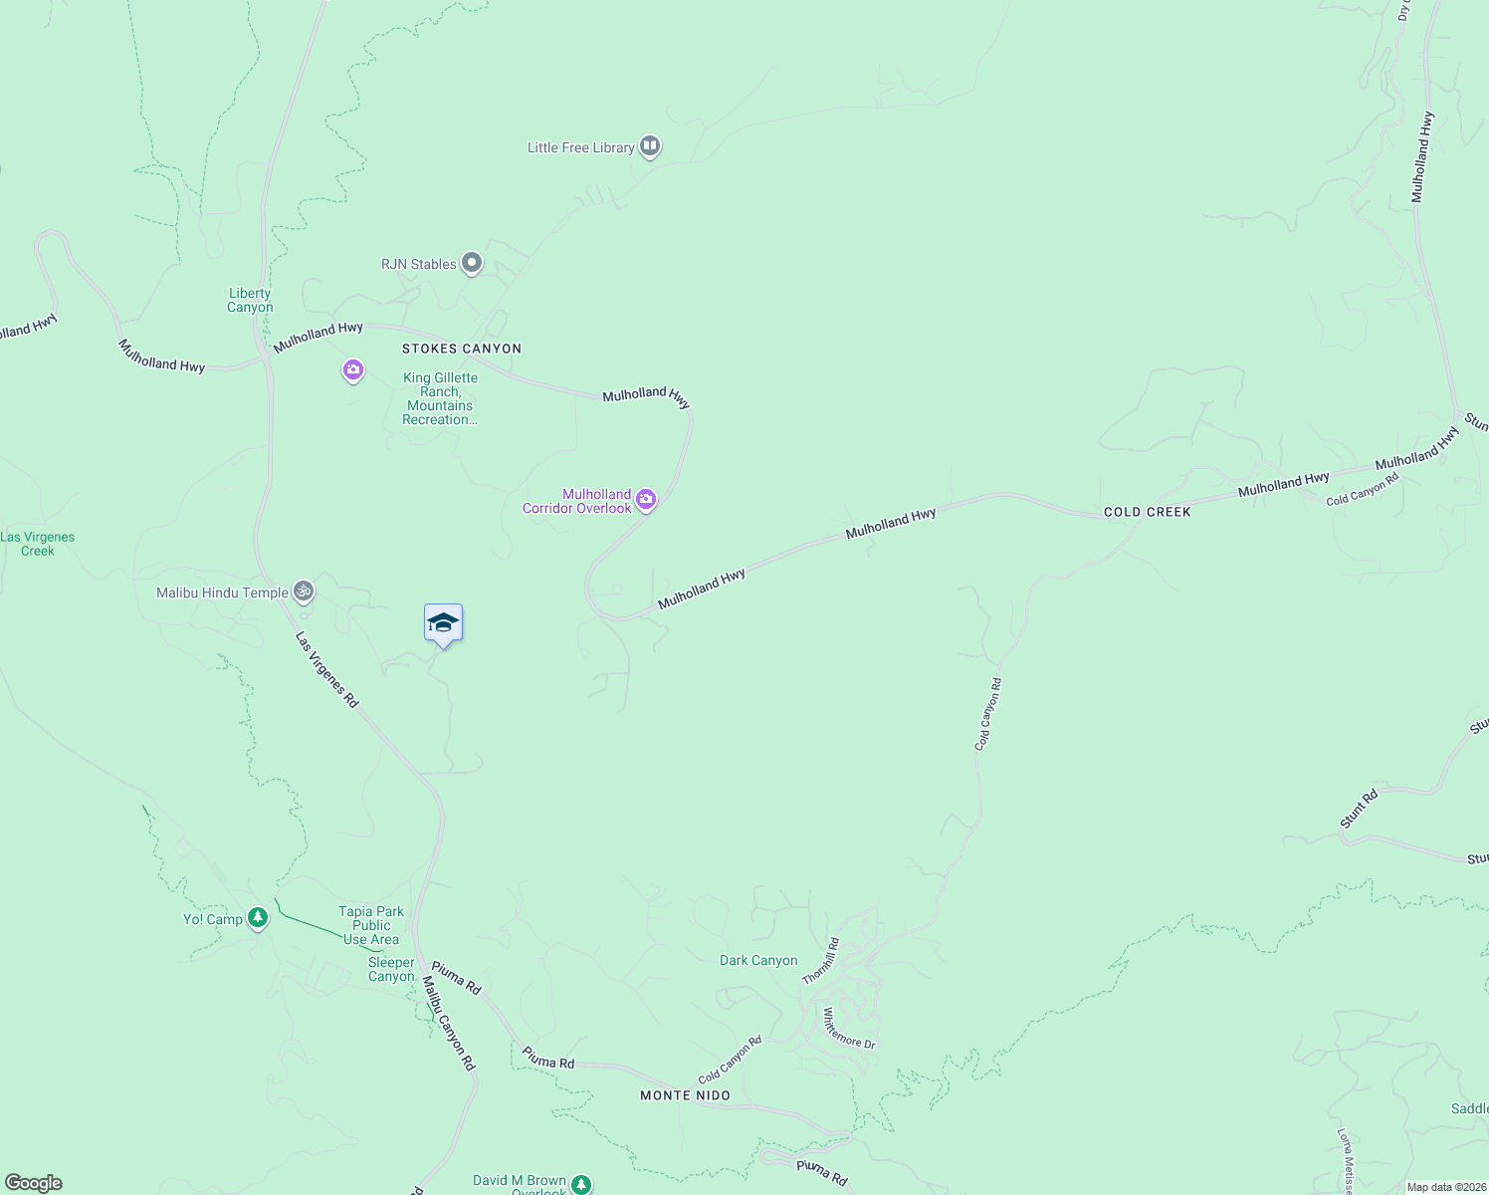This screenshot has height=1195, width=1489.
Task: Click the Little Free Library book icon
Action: click(650, 147)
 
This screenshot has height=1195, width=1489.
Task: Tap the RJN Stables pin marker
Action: click(472, 264)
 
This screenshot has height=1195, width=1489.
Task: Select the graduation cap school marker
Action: click(443, 624)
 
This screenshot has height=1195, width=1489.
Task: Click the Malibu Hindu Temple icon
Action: click(304, 592)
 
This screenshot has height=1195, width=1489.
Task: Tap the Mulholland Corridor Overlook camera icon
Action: click(646, 500)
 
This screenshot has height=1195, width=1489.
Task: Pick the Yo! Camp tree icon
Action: click(258, 918)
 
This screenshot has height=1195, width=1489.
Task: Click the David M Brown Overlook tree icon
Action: click(579, 1184)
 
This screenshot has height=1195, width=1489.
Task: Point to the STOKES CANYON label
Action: click(462, 349)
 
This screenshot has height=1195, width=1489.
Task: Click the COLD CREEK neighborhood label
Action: click(1147, 512)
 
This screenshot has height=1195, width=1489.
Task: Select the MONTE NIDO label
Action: click(685, 1095)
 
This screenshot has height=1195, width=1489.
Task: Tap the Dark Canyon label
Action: click(758, 960)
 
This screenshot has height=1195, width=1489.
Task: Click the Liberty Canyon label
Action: click(250, 300)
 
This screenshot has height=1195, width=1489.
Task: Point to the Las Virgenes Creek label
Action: click(38, 544)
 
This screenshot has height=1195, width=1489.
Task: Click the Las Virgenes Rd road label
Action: click(326, 670)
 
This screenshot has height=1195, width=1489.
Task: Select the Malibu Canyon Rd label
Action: click(449, 1023)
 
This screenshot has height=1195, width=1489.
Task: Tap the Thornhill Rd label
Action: click(821, 961)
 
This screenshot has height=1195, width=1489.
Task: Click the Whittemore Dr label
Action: click(848, 1029)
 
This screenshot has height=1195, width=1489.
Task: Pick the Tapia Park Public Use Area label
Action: click(371, 925)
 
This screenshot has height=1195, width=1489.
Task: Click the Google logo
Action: click(33, 1183)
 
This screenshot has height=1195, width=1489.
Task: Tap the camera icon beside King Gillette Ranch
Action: click(352, 370)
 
